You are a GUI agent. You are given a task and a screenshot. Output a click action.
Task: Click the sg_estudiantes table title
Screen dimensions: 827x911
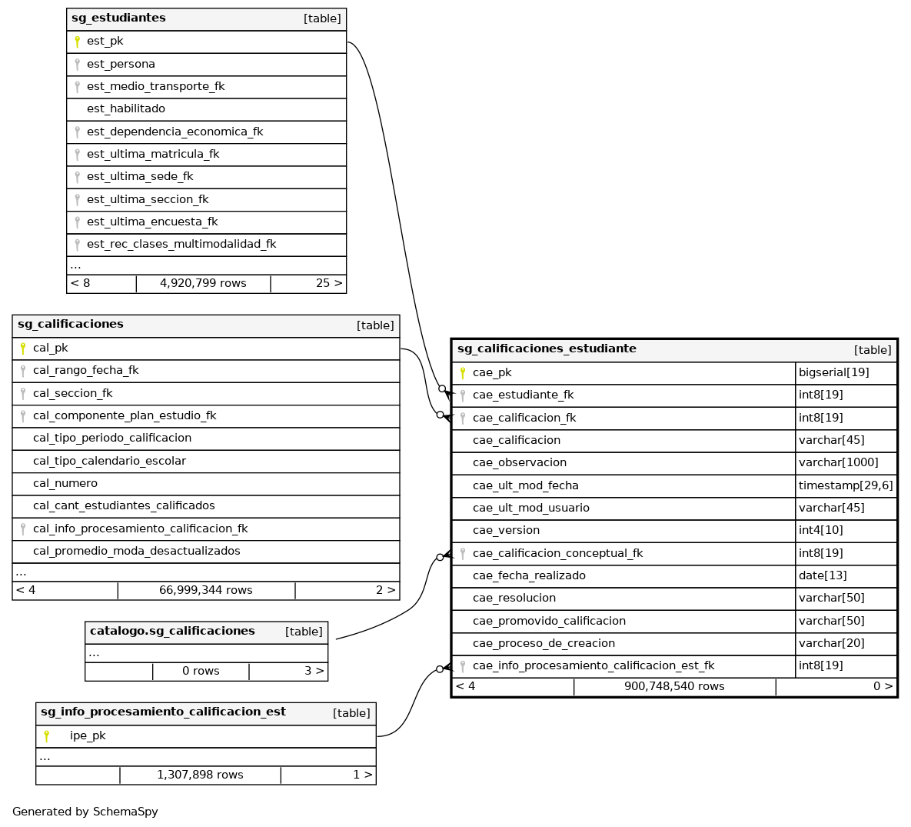(x=118, y=18)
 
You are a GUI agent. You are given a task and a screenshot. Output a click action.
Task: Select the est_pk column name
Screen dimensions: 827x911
(x=105, y=42)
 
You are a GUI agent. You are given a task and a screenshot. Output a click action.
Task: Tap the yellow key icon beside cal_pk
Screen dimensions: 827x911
(x=23, y=348)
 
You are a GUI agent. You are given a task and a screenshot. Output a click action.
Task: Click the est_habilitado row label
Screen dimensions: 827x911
(x=125, y=109)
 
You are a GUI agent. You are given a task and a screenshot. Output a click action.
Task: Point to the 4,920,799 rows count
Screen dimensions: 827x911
(x=203, y=283)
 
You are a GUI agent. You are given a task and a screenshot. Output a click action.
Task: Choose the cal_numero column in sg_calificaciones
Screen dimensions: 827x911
(x=65, y=483)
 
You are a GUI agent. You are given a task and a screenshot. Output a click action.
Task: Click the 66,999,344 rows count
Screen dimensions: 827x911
(x=205, y=590)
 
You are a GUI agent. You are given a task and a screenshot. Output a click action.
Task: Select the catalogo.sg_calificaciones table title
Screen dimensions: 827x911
(x=172, y=631)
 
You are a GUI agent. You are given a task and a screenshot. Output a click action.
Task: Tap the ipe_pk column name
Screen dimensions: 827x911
(x=88, y=735)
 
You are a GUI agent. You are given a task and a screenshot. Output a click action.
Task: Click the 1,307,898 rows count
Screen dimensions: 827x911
(x=200, y=775)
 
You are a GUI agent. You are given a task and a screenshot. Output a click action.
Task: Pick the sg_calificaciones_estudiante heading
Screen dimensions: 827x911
(x=547, y=348)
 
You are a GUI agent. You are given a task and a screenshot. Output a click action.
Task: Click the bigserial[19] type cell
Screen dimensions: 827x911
(x=833, y=372)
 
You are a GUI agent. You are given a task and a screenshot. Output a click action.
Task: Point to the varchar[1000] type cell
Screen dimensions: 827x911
(x=838, y=462)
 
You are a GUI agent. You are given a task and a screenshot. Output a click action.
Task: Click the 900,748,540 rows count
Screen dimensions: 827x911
(x=674, y=686)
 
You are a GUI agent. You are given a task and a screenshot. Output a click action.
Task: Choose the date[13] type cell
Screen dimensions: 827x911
(x=822, y=575)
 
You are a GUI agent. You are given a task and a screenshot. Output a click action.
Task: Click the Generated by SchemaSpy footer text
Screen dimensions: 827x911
(x=85, y=812)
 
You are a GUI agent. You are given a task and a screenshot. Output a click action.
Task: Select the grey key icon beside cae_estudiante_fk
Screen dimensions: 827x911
(x=463, y=395)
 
